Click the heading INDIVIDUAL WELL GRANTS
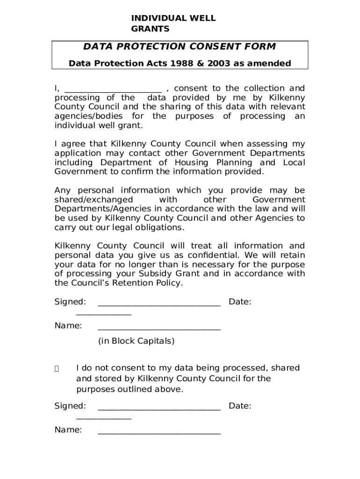point(173,23)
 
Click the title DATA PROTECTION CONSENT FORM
point(180,47)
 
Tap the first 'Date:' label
point(240,302)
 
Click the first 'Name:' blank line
point(159,328)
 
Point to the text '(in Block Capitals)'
point(136,341)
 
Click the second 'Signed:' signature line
point(159,408)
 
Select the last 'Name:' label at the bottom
point(68,430)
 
